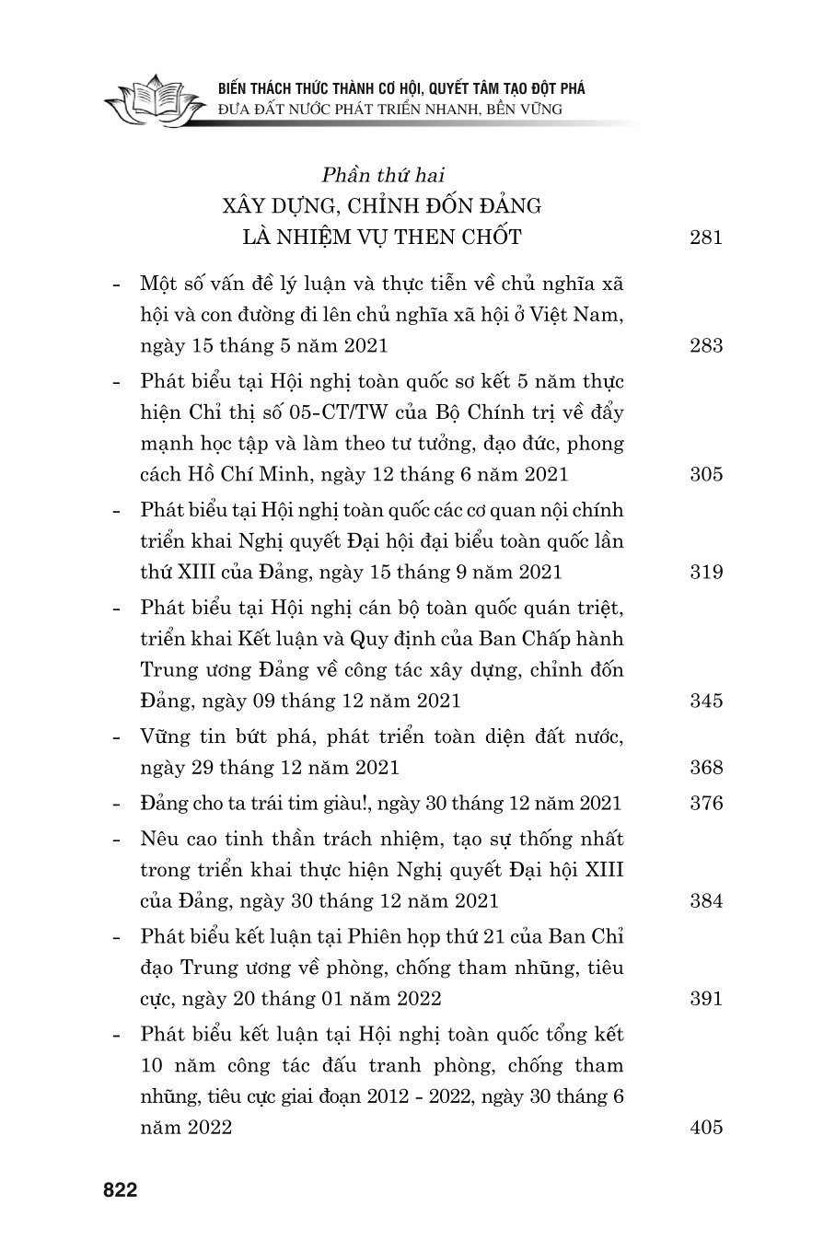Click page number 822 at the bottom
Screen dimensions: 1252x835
(120, 1190)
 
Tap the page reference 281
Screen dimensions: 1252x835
(705, 238)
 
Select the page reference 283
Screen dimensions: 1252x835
(705, 346)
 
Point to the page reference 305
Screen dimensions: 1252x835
(705, 475)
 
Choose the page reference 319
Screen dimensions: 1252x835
(705, 572)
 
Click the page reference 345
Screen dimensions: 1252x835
(705, 701)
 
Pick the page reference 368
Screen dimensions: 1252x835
(705, 767)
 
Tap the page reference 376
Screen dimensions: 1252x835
(705, 803)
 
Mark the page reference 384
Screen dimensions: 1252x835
(705, 900)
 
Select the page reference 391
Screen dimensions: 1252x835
(705, 998)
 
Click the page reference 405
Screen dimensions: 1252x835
(705, 1127)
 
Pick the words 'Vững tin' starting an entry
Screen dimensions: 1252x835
(178, 736)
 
